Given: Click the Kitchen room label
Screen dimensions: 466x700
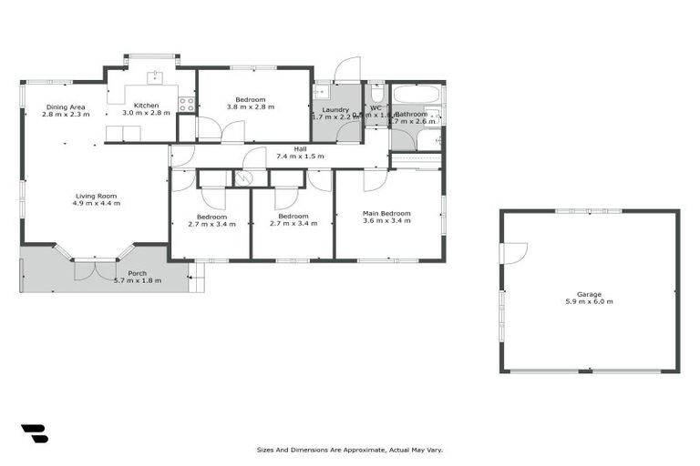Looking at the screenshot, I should point(147,106).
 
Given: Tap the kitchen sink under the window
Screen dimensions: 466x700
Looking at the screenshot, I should point(156,77).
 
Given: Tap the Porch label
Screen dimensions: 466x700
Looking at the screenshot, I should point(137,273).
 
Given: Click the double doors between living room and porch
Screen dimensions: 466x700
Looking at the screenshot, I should point(95,268).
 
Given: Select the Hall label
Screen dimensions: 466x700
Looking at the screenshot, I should point(299,148).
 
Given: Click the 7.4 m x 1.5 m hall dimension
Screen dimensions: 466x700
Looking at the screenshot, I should point(299,157).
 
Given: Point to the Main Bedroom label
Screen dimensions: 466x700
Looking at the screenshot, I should point(386,213).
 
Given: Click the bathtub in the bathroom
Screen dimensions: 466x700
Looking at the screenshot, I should point(416,94).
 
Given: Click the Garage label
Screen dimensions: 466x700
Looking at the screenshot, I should point(589,294).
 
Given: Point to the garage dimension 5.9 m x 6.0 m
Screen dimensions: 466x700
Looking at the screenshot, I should point(589,301).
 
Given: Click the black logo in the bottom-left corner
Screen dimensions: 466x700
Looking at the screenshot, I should point(34,433).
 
